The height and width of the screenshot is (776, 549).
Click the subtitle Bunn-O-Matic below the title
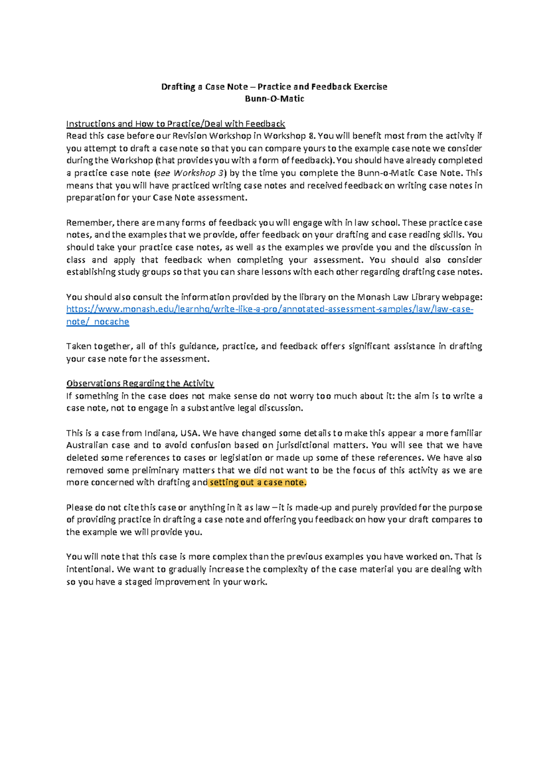point(274,99)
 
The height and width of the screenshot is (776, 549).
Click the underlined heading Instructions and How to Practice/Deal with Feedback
point(176,124)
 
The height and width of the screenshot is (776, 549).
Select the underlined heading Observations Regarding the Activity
point(140,383)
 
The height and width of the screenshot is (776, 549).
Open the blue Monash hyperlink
point(269,309)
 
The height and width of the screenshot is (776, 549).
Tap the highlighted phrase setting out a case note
point(257,483)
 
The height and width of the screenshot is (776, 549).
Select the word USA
point(189,433)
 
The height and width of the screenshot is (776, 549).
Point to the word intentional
point(89,570)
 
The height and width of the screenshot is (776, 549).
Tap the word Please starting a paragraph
point(79,508)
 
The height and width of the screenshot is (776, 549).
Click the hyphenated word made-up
point(313,508)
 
